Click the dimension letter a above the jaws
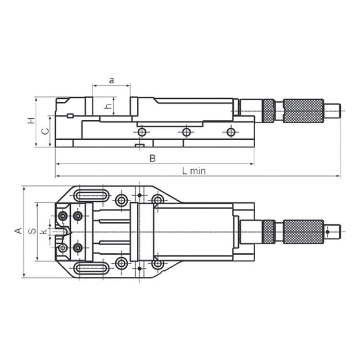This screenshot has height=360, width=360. pyautogui.click(x=111, y=81)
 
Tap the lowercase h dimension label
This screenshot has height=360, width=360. pyautogui.click(x=108, y=106)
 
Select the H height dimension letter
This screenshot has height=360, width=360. pyautogui.click(x=31, y=121)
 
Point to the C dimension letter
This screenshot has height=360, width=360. pyautogui.click(x=45, y=131)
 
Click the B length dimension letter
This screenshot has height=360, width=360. pyautogui.click(x=153, y=158)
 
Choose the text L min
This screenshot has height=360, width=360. pyautogui.click(x=194, y=171)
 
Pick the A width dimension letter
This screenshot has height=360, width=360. pyautogui.click(x=18, y=230)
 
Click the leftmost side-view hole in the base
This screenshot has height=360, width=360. pyautogui.click(x=142, y=132)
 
